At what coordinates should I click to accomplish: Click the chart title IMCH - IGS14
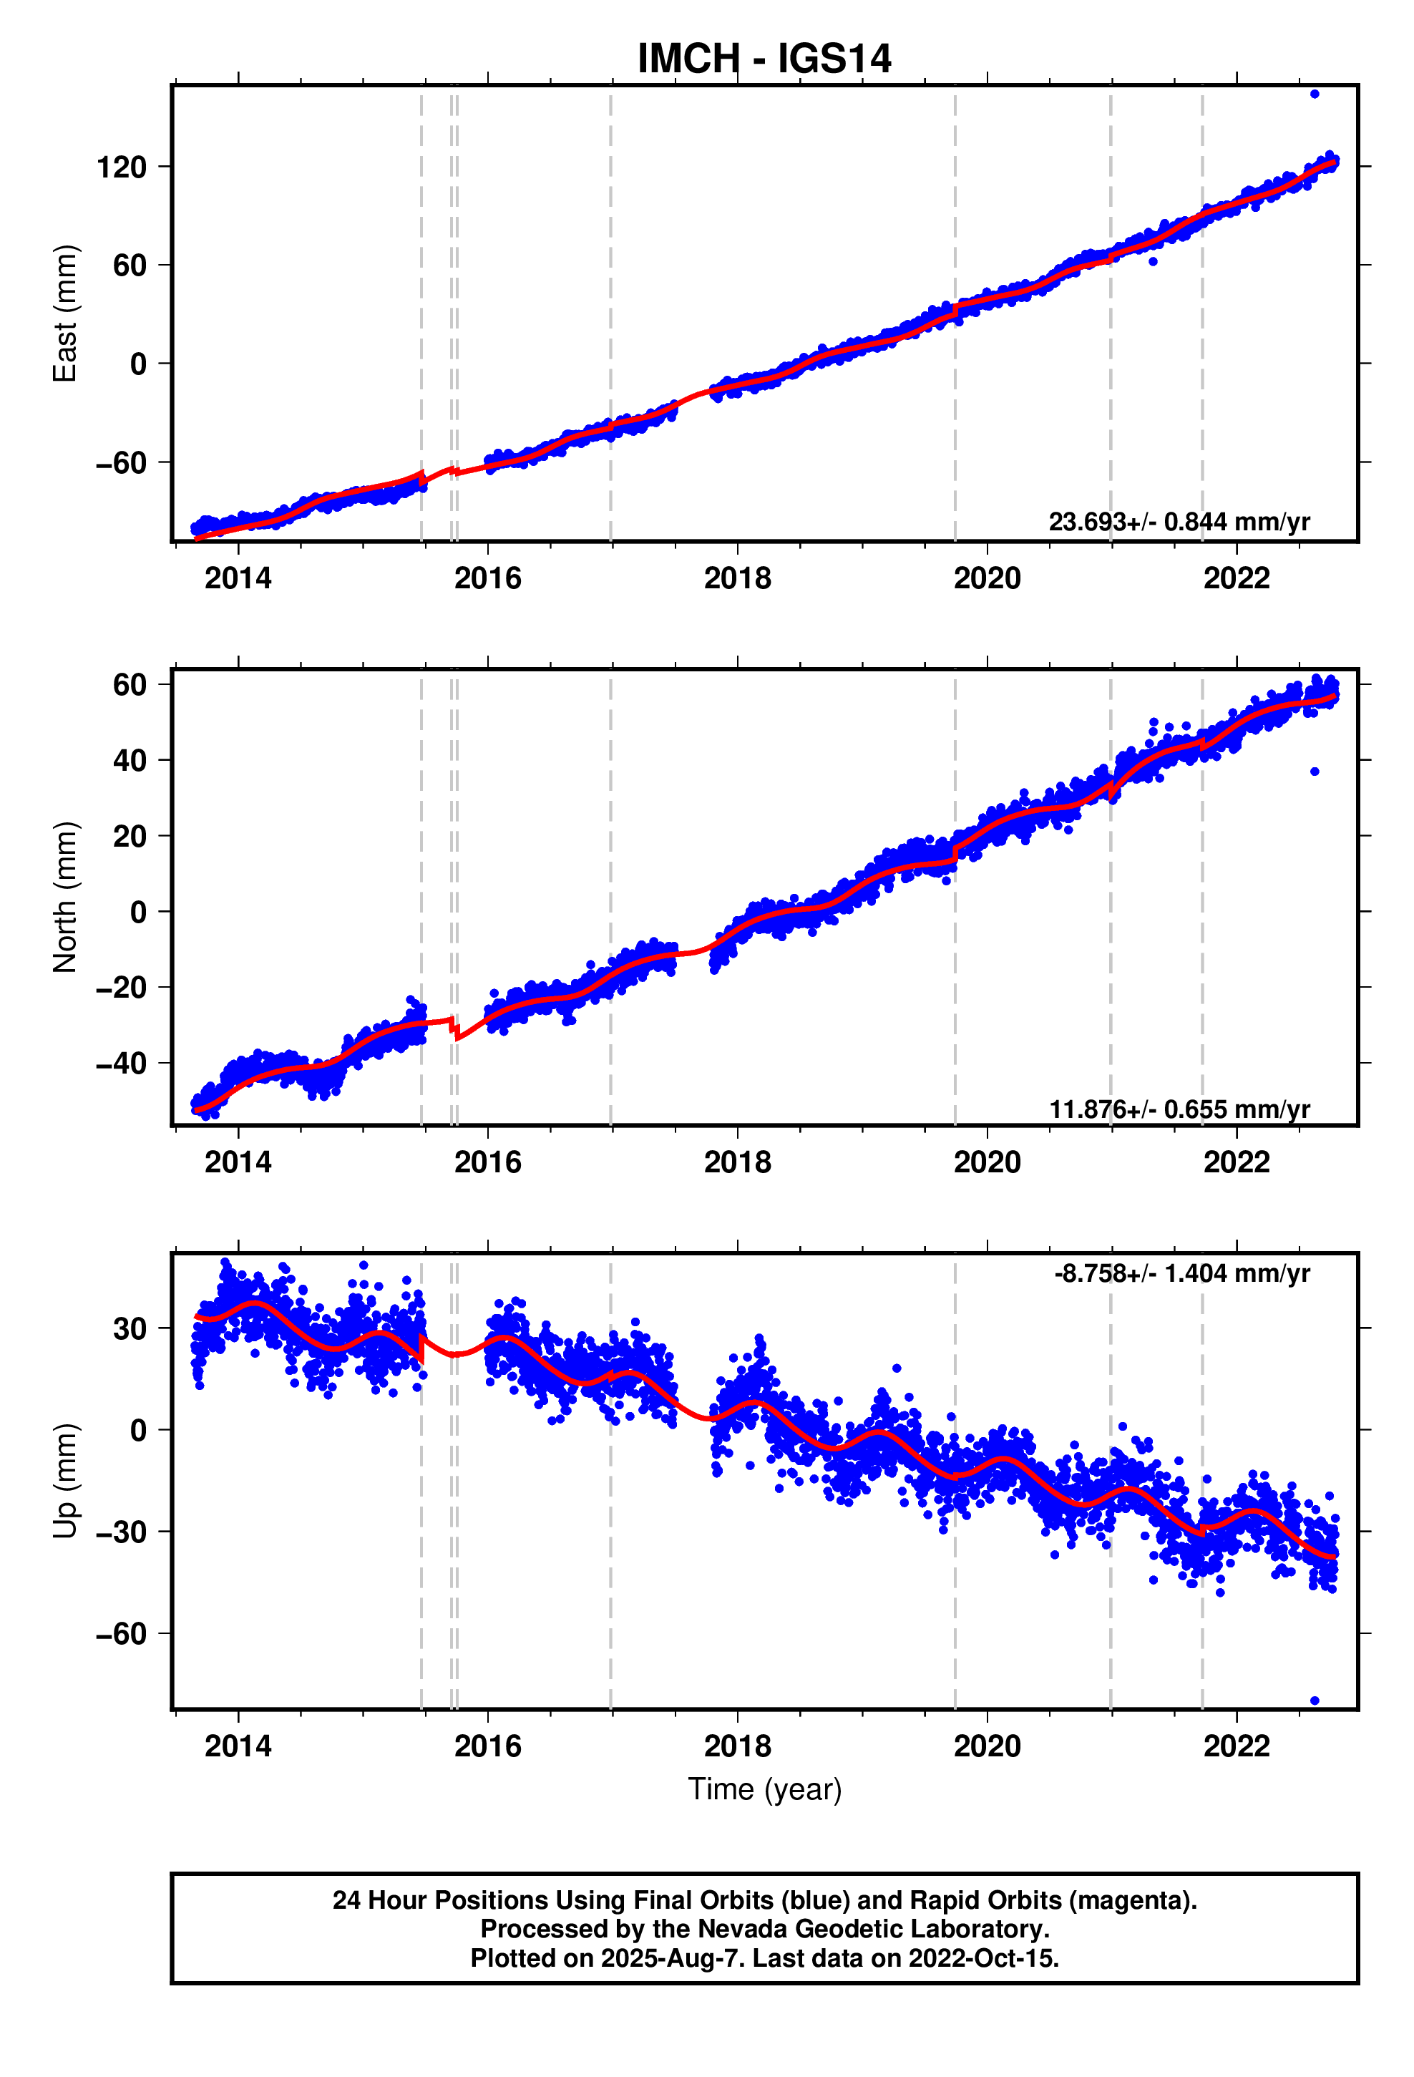764,59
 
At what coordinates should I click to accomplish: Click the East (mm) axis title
65,313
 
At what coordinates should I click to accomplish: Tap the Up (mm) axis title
65,1480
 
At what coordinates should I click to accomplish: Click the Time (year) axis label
764,1789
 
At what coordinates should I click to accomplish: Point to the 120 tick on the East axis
122,167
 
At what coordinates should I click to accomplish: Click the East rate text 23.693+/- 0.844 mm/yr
1178,521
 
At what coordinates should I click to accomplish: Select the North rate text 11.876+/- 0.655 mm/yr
1178,1109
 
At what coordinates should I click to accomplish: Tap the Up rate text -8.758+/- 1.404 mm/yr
1181,1273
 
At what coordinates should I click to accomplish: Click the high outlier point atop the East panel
1314,94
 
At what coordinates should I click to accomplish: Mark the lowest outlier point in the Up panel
1314,1700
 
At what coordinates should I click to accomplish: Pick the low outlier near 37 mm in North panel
1314,772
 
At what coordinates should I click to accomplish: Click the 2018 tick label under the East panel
736,578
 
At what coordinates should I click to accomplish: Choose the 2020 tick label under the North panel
987,1162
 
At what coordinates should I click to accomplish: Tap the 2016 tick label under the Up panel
487,1746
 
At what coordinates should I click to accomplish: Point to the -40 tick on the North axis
122,1064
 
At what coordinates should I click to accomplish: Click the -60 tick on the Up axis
122,1634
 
